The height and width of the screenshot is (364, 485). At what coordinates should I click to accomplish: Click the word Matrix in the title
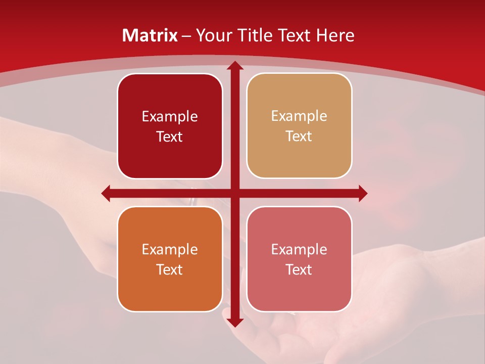point(150,35)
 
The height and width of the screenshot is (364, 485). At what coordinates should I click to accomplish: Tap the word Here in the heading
point(335,35)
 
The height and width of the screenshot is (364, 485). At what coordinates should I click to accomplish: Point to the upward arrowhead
point(234,66)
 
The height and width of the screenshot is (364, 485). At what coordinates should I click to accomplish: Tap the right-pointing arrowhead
point(363,193)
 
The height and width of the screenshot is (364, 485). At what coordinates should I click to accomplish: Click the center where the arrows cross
point(234,193)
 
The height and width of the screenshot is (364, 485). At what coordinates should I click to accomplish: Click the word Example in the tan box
point(299,116)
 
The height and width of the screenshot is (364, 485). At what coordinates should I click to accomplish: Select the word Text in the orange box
point(170,269)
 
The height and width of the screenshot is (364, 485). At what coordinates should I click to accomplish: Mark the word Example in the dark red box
point(170,117)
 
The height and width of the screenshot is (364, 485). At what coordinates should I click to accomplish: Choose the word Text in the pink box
point(299,269)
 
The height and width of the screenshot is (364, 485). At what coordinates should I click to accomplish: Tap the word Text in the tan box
point(299,136)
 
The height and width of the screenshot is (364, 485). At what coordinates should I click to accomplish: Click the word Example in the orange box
point(170,249)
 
